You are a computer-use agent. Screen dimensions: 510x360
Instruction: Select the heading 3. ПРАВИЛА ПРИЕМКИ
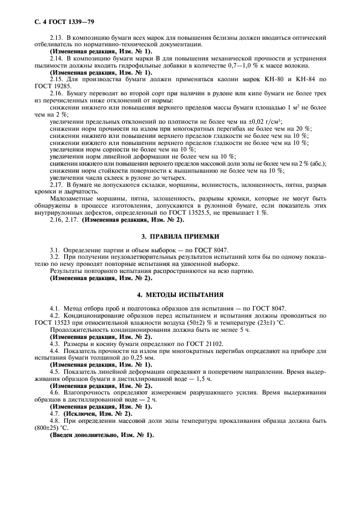[x=179, y=236]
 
